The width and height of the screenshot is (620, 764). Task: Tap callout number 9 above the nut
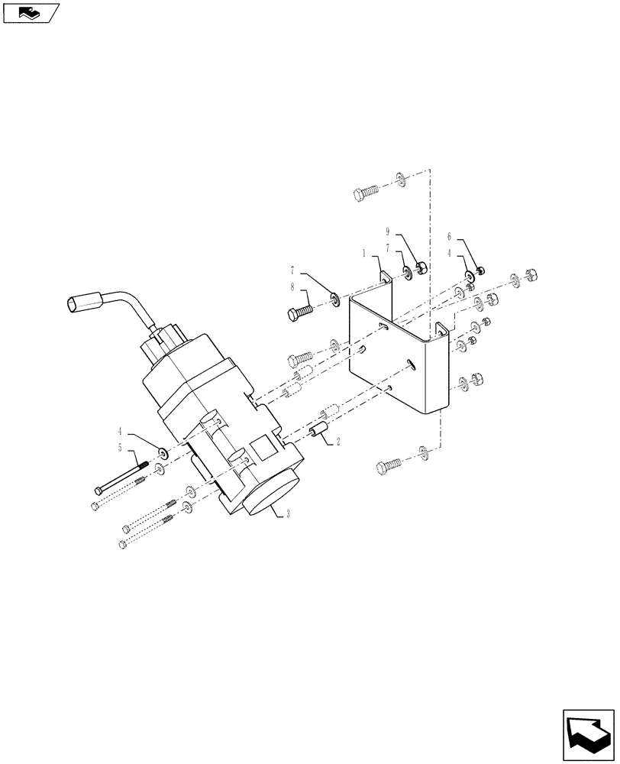point(388,231)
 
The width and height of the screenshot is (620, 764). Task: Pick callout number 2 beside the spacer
point(338,441)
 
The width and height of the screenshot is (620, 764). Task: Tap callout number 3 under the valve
point(288,514)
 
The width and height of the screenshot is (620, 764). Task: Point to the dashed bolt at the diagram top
point(366,191)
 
